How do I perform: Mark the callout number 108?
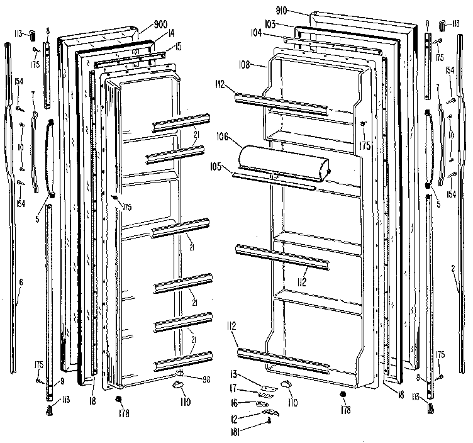[x=246, y=64]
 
